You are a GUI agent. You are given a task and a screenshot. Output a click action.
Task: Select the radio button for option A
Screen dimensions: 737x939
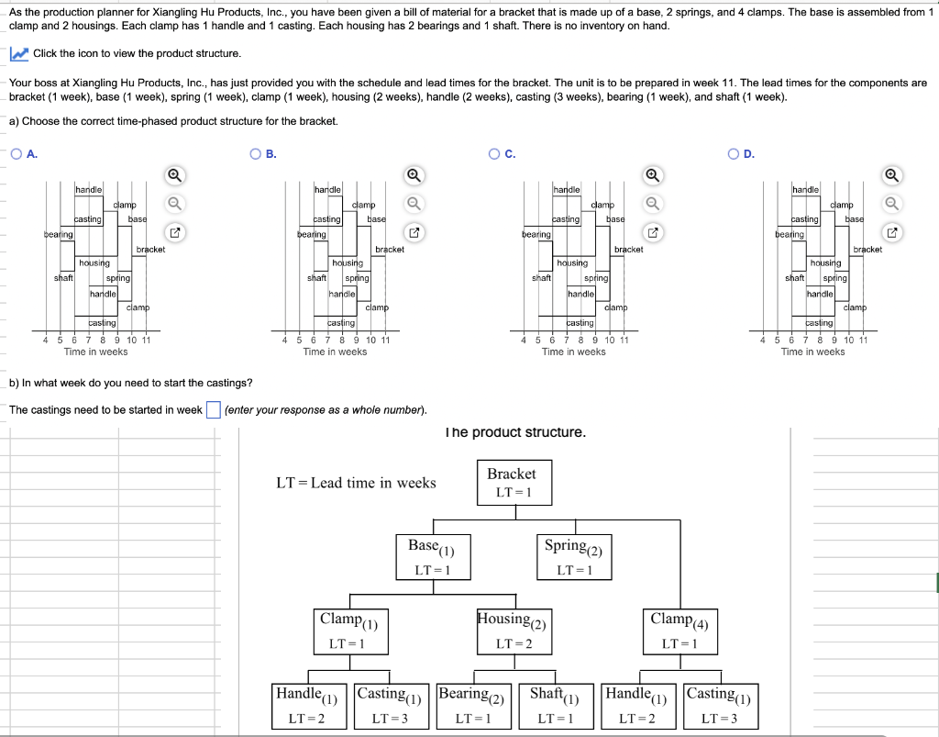(17, 154)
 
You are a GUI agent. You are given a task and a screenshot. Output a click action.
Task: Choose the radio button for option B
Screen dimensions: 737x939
(256, 154)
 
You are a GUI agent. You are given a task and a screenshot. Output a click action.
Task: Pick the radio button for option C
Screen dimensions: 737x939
(495, 154)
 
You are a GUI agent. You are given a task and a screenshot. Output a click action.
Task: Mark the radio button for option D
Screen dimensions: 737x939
(735, 154)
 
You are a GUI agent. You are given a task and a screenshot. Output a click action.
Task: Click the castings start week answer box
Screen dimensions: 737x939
(213, 409)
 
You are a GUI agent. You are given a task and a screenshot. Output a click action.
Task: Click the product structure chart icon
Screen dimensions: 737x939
(18, 54)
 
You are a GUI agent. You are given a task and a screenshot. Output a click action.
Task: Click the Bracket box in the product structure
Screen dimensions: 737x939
(511, 483)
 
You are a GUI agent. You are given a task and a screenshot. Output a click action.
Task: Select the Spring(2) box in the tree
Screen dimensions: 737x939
(573, 556)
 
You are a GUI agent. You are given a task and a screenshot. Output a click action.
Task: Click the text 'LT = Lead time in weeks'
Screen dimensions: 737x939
(356, 483)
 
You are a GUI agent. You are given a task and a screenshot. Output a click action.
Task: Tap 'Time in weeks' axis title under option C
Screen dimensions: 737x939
(573, 352)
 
